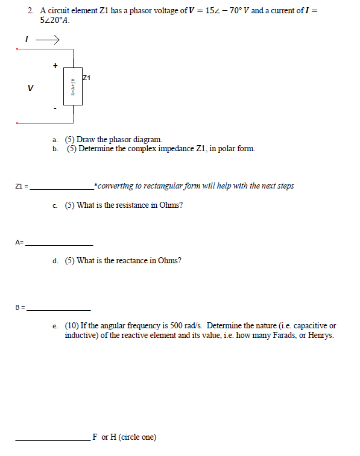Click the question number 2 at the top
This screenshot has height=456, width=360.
(30, 11)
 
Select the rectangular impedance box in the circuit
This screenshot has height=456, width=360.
(73, 86)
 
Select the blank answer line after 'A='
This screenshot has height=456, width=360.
(59, 244)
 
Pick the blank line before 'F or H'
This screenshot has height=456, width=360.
(53, 440)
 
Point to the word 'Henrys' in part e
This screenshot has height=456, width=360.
(320, 334)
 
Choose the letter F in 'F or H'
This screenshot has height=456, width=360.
(95, 437)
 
